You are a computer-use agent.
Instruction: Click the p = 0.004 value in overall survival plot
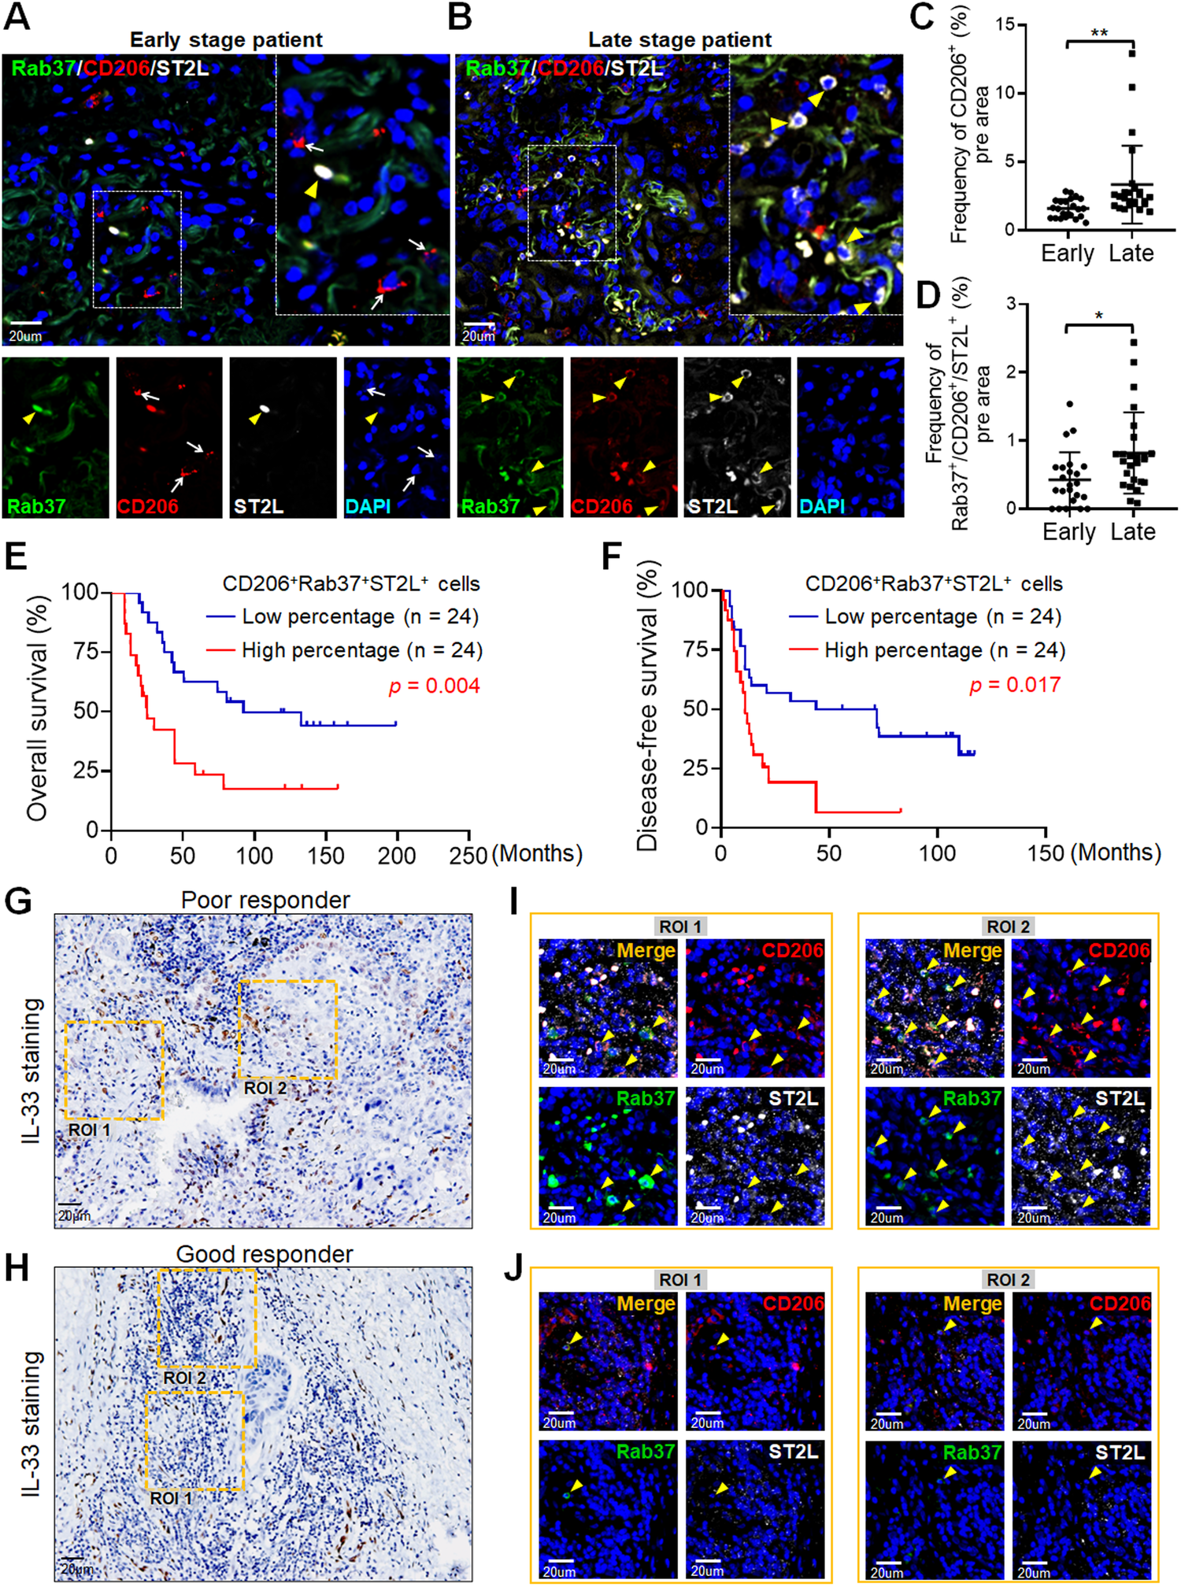[435, 686]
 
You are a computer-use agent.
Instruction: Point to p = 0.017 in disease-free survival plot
[1016, 685]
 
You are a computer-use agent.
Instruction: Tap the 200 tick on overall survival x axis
[396, 856]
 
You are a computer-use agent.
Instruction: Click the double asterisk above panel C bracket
[1099, 34]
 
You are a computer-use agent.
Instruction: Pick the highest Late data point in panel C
[1132, 53]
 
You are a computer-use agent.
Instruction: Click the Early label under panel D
[1068, 532]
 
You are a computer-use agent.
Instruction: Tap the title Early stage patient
[226, 40]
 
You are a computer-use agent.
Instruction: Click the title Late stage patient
[679, 40]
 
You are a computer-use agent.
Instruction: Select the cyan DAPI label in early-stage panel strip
[368, 506]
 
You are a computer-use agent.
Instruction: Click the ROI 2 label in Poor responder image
[265, 1088]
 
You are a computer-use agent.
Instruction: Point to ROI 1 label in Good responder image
[170, 1498]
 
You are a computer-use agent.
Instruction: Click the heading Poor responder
[265, 900]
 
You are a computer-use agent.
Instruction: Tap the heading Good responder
[265, 1254]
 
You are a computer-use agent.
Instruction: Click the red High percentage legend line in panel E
[220, 651]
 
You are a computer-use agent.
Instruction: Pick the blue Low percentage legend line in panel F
[803, 617]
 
